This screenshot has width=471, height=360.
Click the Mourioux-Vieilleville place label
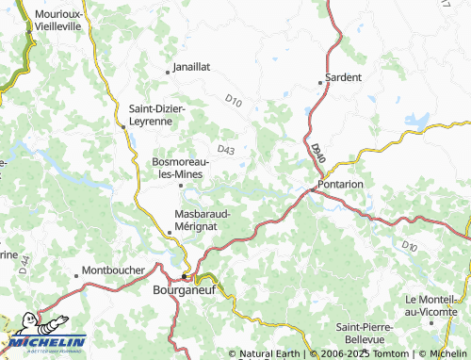(57, 22)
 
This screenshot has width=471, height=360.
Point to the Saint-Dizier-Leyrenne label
(157, 115)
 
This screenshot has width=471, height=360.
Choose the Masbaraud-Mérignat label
(203, 219)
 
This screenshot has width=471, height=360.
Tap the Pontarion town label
(341, 184)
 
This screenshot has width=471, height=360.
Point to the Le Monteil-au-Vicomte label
(435, 304)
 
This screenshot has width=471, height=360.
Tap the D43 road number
(225, 148)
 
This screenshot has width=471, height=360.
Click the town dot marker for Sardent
(321, 83)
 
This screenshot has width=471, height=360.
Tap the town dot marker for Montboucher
(76, 276)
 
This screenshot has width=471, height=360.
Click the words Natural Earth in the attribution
(268, 353)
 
